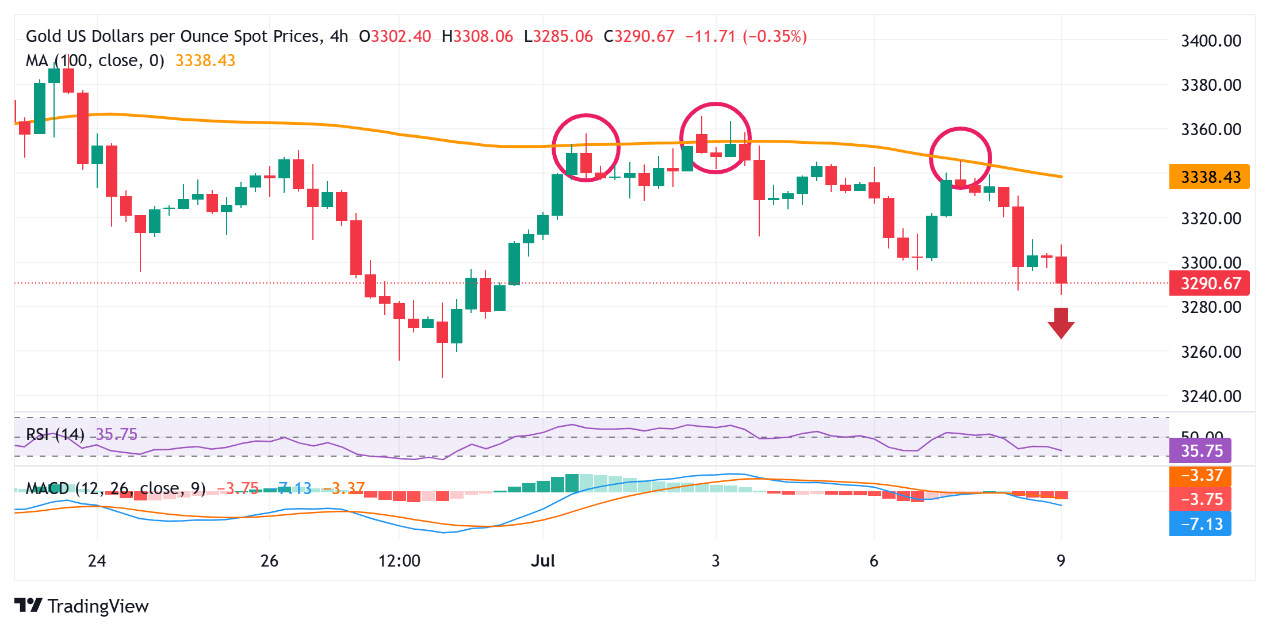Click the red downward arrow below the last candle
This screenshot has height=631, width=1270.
click(x=1061, y=323)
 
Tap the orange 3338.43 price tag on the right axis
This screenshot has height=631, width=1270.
click(x=1210, y=177)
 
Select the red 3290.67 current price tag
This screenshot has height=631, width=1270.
click(x=1210, y=284)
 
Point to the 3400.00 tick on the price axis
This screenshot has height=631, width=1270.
click(x=1211, y=41)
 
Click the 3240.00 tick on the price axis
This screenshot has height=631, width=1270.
click(x=1211, y=396)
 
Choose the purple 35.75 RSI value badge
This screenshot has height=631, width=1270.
click(x=1200, y=450)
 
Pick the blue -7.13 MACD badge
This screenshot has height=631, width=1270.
click(x=1200, y=524)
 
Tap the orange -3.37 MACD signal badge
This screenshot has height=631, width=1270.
click(x=1200, y=476)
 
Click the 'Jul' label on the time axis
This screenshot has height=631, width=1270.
click(x=542, y=561)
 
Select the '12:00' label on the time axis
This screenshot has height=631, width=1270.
click(x=399, y=561)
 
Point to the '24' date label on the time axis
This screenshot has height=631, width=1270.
click(x=97, y=561)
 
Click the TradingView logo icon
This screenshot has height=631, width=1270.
click(x=28, y=605)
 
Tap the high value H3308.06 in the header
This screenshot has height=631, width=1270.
click(x=477, y=37)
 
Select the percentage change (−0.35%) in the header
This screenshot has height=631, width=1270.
click(x=775, y=37)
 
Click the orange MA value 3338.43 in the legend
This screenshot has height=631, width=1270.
click(x=205, y=60)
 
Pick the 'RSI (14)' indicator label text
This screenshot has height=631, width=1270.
click(x=55, y=434)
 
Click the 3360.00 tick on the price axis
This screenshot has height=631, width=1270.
click(x=1211, y=129)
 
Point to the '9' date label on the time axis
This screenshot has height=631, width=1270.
click(x=1061, y=561)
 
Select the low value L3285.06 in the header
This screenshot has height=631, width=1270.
click(x=559, y=37)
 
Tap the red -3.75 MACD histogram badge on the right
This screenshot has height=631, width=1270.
click(x=1200, y=499)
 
